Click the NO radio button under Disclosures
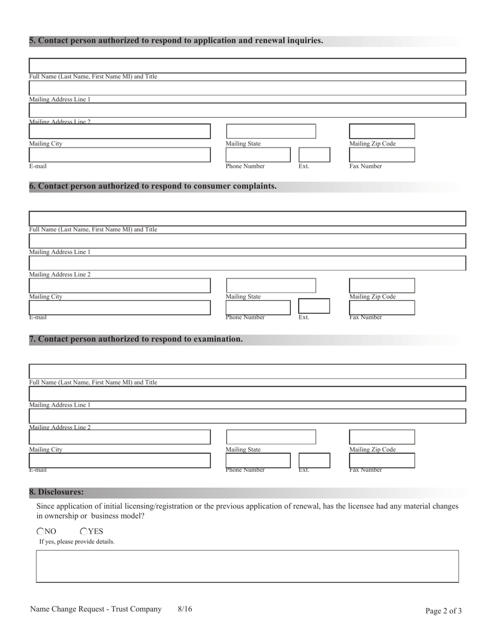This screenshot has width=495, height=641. [41, 532]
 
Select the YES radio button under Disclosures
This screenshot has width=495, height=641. [84, 532]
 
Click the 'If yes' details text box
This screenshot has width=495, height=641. [247, 566]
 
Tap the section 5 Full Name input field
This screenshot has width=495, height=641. [247, 66]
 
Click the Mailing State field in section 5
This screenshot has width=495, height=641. [270, 131]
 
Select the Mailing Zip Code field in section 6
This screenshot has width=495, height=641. [381, 286]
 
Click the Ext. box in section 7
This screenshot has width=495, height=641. [314, 461]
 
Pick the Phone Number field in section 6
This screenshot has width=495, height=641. [257, 307]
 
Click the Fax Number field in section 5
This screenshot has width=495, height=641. [381, 155]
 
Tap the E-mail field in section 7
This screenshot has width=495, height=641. [119, 461]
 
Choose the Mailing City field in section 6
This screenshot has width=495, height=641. [119, 286]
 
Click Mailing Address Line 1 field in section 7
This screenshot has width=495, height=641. [247, 394]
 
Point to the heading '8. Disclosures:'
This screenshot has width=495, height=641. [56, 492]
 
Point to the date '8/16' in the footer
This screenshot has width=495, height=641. [184, 609]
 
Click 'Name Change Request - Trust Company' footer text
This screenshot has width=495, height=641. [96, 609]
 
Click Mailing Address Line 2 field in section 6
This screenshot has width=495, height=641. [247, 263]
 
